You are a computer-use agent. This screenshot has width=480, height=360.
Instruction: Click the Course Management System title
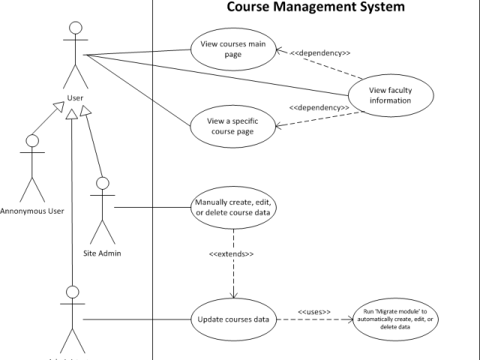[x=316, y=7]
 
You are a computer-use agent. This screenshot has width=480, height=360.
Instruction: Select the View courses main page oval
[x=233, y=49]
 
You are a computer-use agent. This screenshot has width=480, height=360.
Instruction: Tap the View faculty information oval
[x=390, y=95]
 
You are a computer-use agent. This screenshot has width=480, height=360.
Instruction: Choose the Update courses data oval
[x=233, y=319]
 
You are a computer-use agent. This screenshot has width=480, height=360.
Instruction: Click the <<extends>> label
[x=231, y=253]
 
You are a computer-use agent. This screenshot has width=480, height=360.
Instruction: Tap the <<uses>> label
[x=314, y=311]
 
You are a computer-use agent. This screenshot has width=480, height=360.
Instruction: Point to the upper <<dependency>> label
[x=321, y=53]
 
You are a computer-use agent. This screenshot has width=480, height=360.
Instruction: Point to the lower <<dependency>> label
[x=319, y=107]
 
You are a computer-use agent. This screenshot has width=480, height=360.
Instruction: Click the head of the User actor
[x=74, y=28]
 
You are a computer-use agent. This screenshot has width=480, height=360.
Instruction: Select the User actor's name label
[x=74, y=97]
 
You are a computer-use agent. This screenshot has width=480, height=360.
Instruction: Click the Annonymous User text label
[x=32, y=211]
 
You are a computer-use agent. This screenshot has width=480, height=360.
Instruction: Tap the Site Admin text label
[x=102, y=253]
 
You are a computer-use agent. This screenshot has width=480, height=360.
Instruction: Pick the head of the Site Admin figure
[x=103, y=182]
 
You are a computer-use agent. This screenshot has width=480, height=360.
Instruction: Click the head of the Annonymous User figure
[x=31, y=140]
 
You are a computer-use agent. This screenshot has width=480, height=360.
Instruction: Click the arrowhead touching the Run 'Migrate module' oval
[x=349, y=319]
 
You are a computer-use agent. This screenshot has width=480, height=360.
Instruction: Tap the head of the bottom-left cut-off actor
[x=73, y=291]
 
